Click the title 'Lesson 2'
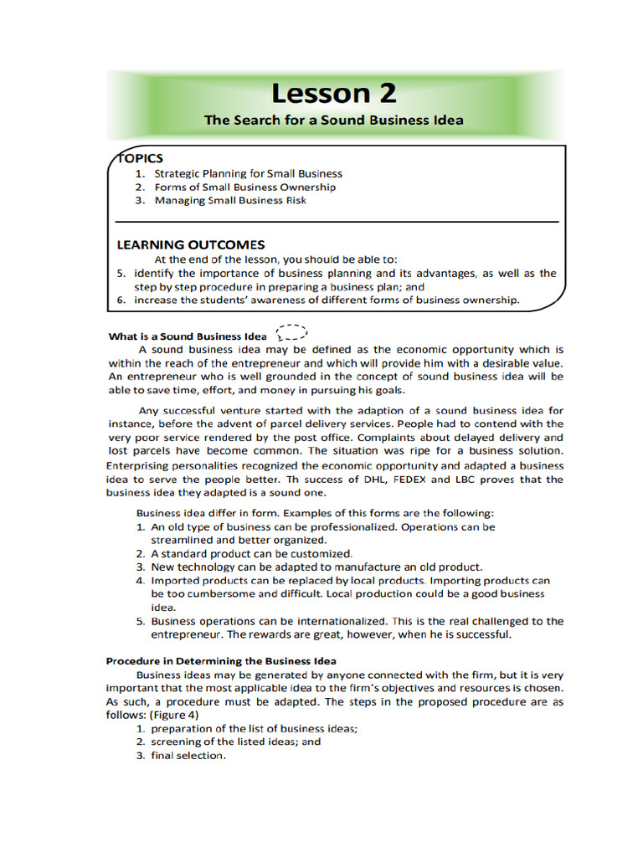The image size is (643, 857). click(333, 92)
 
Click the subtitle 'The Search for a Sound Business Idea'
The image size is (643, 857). click(333, 120)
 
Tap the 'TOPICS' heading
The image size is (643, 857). click(140, 158)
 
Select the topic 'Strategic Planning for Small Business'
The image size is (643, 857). click(248, 174)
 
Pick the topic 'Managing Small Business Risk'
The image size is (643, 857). click(229, 201)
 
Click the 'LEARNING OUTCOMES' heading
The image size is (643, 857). click(190, 245)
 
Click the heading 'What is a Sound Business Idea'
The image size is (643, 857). click(188, 336)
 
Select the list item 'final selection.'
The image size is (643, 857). click(188, 756)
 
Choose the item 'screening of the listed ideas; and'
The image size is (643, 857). click(235, 742)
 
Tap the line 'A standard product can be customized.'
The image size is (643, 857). click(252, 553)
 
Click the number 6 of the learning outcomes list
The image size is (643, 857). click(121, 300)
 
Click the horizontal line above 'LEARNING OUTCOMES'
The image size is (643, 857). click(335, 222)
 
